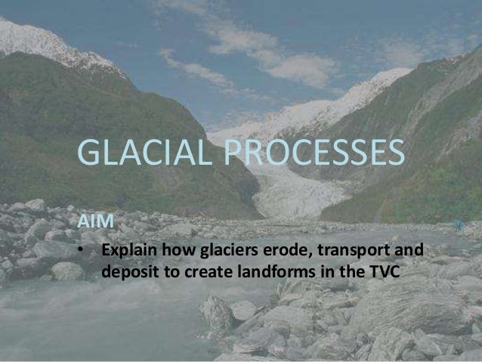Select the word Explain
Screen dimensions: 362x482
click(x=129, y=250)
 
